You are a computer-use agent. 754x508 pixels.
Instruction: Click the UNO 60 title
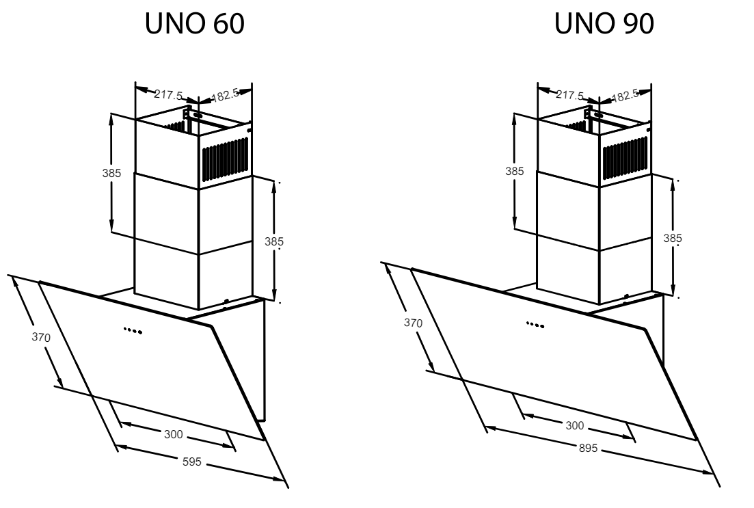[x=195, y=23]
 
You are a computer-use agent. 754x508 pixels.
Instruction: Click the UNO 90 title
[x=604, y=23]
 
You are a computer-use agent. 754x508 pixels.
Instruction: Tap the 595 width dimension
[x=192, y=462]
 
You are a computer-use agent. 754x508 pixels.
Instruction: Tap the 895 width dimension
[x=588, y=448]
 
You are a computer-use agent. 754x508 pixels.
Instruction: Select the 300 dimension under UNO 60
[x=173, y=434]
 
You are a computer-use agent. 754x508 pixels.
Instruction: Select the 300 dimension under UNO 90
[x=575, y=425]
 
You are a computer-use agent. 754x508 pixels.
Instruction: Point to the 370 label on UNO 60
[x=41, y=337]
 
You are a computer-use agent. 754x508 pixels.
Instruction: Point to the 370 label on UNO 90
[x=413, y=322]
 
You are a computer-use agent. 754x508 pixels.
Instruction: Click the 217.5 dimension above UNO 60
[x=168, y=94]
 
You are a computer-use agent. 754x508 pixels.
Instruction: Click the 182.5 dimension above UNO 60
[x=225, y=95]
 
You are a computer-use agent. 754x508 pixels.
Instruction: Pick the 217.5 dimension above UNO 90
[x=570, y=95]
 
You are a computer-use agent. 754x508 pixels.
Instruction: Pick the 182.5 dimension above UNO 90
[x=625, y=95]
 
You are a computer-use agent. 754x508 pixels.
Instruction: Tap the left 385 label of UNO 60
[x=111, y=173]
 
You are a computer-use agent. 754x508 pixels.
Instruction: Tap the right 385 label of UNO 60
[x=274, y=241]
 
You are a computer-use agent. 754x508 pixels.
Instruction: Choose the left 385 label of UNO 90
[x=515, y=171]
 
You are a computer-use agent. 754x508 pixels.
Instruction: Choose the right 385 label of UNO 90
[x=673, y=238]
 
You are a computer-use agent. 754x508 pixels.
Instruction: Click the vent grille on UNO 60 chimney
[x=225, y=159]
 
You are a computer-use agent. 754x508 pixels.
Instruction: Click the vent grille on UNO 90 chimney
[x=625, y=159]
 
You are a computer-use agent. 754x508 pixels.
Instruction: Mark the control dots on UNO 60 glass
[x=133, y=330]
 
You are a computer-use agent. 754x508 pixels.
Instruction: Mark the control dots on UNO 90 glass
[x=535, y=325]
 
